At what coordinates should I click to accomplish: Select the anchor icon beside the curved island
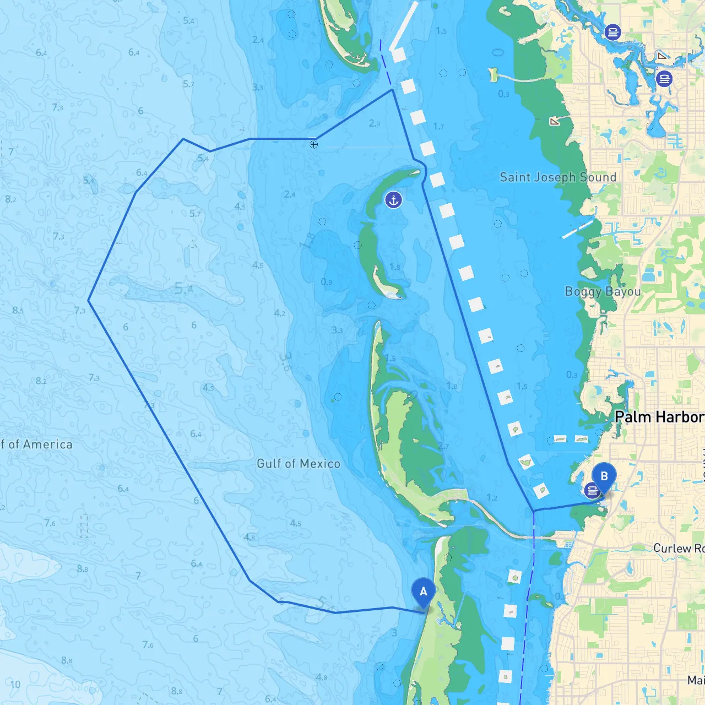(393, 200)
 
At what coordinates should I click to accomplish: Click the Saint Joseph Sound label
(557, 177)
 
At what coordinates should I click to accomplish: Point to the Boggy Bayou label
(603, 291)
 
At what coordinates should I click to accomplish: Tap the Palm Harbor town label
(659, 417)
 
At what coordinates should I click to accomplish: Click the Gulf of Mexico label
(299, 464)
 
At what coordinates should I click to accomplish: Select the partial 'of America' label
(36, 444)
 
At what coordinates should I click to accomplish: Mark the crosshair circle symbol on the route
(313, 144)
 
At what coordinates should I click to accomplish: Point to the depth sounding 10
(15, 684)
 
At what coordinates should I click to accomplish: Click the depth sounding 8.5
(18, 311)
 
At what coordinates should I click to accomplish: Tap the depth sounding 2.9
(375, 123)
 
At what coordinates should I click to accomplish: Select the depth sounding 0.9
(327, 283)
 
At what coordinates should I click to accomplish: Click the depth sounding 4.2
(280, 313)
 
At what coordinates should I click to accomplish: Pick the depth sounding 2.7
(443, 446)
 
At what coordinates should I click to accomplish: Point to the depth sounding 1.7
(438, 127)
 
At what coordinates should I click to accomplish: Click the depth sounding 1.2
(492, 498)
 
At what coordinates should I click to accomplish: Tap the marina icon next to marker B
(592, 490)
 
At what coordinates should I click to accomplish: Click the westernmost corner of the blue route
(89, 300)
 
